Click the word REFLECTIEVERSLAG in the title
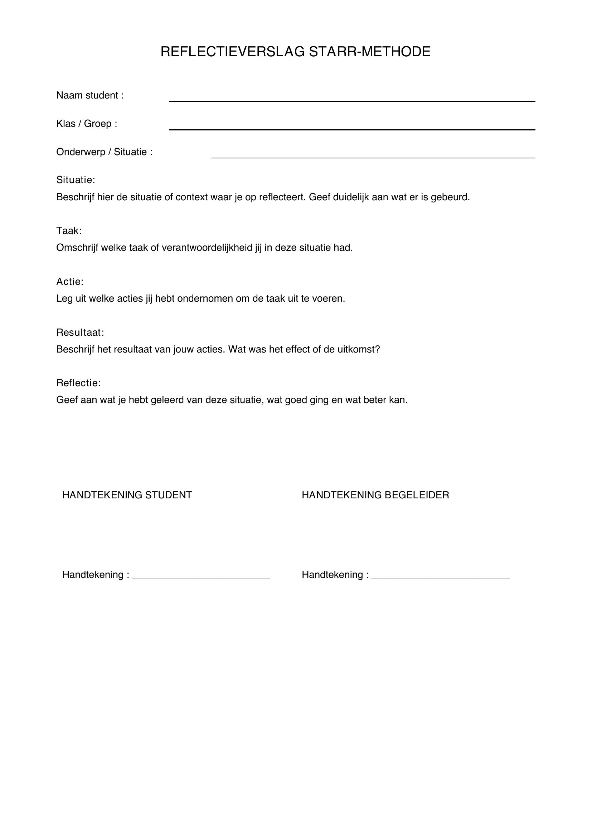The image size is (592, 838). pyautogui.click(x=232, y=52)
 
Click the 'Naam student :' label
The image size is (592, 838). pyautogui.click(x=90, y=95)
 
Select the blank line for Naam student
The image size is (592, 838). pyautogui.click(x=352, y=100)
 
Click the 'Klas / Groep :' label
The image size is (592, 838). pyautogui.click(x=87, y=124)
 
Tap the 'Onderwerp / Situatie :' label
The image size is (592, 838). pyautogui.click(x=104, y=152)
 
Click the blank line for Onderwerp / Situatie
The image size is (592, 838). pyautogui.click(x=373, y=157)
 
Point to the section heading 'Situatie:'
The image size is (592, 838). pyautogui.click(x=76, y=180)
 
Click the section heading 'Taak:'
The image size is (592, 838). pyautogui.click(x=69, y=231)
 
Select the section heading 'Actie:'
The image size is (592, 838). pyautogui.click(x=70, y=281)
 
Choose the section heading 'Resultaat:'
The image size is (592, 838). pyautogui.click(x=80, y=332)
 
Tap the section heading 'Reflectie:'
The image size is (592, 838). pyautogui.click(x=78, y=383)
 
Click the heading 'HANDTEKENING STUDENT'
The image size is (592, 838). pyautogui.click(x=127, y=495)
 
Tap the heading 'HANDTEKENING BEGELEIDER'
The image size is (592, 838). pyautogui.click(x=375, y=495)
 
